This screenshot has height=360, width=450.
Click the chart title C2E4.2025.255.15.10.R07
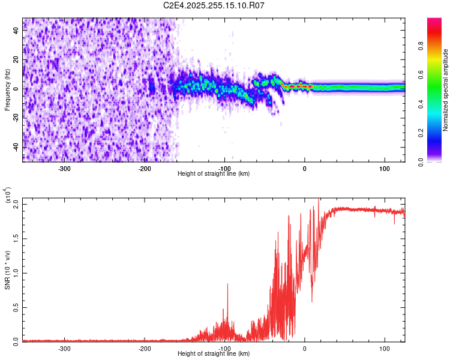[x=214, y=5]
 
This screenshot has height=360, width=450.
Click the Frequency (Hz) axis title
[x=7, y=90]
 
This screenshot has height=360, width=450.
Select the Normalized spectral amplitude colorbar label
[x=445, y=90]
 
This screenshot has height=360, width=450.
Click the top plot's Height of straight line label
[x=214, y=173]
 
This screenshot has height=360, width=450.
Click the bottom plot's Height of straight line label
[x=214, y=353]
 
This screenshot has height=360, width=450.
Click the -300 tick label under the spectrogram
[x=64, y=168]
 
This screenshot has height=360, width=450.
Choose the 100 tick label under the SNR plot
[x=385, y=348]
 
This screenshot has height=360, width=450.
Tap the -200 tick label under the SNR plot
[x=144, y=348]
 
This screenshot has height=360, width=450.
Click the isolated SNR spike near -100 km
[x=227, y=285]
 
